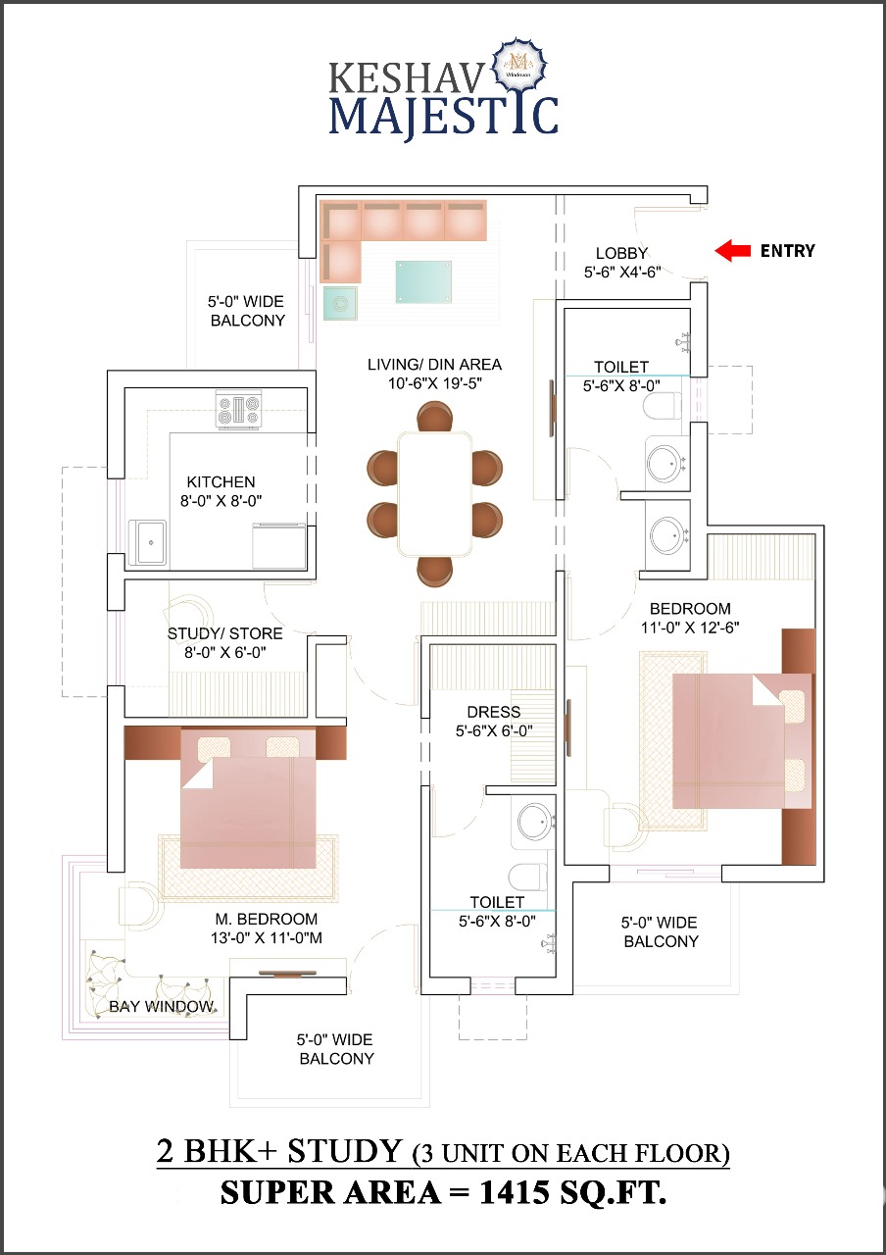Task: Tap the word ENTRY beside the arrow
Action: click(787, 251)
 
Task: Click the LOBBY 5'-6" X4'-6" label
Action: click(622, 262)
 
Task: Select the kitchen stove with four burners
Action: click(239, 409)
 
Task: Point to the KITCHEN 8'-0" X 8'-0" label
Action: click(221, 490)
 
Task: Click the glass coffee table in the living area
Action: click(423, 281)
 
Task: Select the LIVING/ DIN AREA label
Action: click(434, 374)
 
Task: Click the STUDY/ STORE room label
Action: click(224, 642)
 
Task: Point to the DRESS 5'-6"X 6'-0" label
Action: click(494, 721)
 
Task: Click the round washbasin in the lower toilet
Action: click(535, 822)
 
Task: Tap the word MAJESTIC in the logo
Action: click(443, 114)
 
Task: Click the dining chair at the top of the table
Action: click(434, 418)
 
